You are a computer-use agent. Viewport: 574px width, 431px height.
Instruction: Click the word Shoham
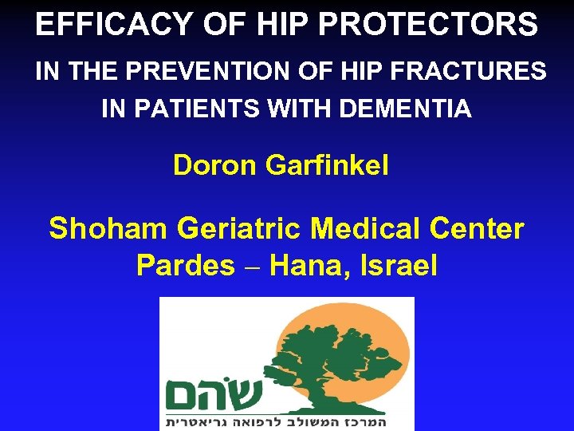point(108,229)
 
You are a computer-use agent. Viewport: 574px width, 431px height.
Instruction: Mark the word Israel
point(395,265)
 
